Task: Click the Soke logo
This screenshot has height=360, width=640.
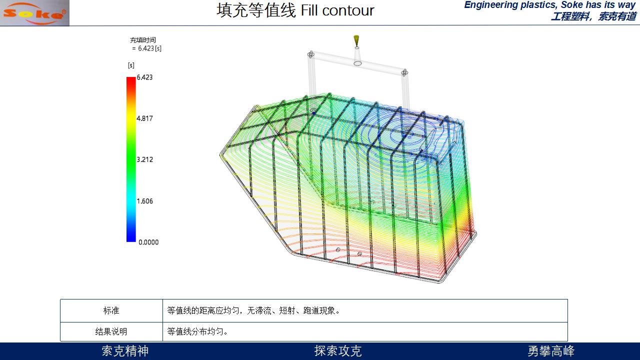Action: (x=34, y=13)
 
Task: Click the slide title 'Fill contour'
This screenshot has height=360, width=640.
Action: (x=337, y=10)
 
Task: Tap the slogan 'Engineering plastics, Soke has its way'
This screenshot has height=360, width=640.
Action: (x=549, y=5)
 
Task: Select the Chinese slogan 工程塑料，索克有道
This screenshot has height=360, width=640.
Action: (x=593, y=16)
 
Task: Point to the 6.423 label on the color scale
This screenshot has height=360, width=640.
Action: (x=144, y=77)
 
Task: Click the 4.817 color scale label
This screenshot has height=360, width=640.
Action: (x=144, y=118)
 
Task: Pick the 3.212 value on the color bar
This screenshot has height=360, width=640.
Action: (x=144, y=159)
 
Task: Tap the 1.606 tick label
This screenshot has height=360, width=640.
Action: (x=144, y=201)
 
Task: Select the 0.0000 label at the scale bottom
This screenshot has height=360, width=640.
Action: (x=148, y=242)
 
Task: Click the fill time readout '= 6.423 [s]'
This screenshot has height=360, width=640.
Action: (x=147, y=48)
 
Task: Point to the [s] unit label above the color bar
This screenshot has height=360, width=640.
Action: (x=131, y=65)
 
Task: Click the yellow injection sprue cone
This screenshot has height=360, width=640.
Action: (x=356, y=41)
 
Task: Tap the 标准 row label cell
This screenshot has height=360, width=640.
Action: (x=111, y=310)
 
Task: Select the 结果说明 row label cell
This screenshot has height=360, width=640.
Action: (x=111, y=331)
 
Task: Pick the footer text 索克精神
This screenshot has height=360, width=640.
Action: (x=125, y=351)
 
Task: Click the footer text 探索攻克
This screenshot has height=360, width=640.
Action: (x=338, y=351)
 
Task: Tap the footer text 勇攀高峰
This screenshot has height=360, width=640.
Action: (x=551, y=351)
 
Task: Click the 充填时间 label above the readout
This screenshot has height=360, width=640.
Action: (x=143, y=40)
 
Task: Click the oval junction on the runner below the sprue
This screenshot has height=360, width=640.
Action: (x=357, y=63)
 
